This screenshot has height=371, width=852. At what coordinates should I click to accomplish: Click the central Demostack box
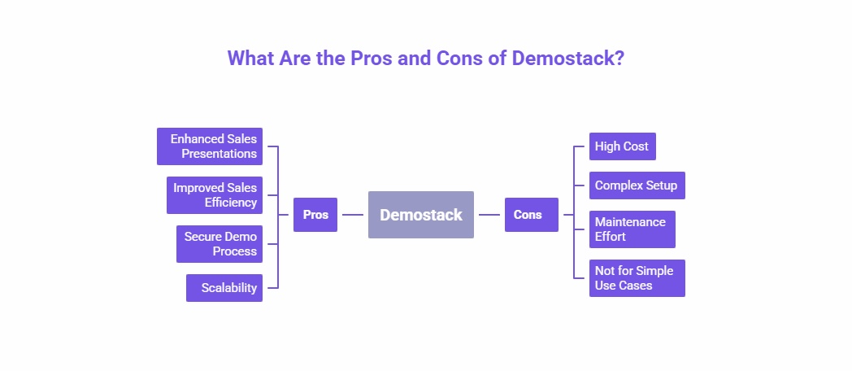[x=420, y=215]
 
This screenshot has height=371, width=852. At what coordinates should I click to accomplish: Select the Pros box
[x=315, y=215]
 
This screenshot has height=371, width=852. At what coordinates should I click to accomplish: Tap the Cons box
[x=531, y=215]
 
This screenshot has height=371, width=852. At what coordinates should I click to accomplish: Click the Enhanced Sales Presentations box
[x=210, y=146]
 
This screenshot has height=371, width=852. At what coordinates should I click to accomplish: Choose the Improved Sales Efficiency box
[x=215, y=195]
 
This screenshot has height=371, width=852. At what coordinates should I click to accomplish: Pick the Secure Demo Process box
[x=220, y=244]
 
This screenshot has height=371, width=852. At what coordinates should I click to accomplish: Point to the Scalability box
[x=224, y=288]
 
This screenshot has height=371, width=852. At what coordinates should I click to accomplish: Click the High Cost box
[x=622, y=146]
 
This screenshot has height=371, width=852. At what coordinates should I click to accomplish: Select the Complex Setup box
[x=637, y=185]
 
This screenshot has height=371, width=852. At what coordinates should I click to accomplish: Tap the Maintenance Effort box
[x=632, y=229]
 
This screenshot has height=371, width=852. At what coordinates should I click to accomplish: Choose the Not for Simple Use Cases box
[x=637, y=278]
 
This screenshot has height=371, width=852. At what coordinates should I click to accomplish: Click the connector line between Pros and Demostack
[x=353, y=215]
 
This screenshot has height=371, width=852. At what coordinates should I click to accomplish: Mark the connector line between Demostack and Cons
[x=489, y=215]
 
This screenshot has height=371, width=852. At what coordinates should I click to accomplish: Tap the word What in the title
[x=249, y=59]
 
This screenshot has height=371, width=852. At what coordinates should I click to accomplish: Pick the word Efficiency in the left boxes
[x=231, y=203]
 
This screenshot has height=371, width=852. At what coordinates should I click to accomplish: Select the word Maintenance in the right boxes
[x=630, y=222]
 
